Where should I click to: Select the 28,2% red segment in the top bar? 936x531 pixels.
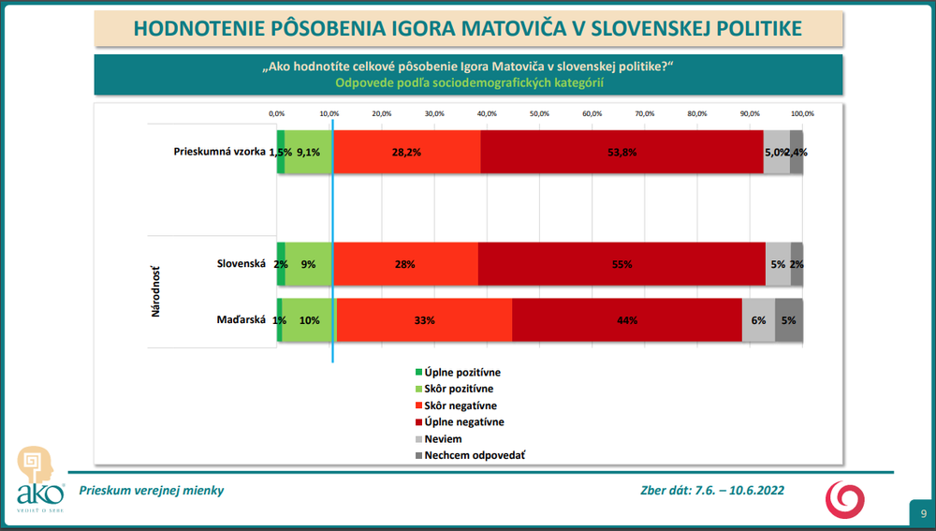[406, 152]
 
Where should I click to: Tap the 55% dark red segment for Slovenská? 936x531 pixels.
[622, 265]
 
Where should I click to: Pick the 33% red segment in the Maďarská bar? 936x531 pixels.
[424, 320]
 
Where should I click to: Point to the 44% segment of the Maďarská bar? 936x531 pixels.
[627, 320]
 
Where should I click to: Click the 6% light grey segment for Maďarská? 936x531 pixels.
[758, 320]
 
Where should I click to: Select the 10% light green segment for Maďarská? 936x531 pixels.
[309, 320]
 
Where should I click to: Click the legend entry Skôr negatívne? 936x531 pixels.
[461, 406]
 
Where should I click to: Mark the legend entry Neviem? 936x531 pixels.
[443, 439]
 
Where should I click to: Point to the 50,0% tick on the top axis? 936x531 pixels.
[539, 113]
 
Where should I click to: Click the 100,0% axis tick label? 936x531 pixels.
[802, 113]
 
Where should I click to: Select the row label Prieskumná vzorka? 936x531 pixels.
[220, 152]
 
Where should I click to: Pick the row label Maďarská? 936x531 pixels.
[241, 320]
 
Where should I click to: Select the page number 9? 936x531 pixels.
[923, 513]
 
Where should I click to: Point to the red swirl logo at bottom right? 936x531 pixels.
[844, 498]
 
